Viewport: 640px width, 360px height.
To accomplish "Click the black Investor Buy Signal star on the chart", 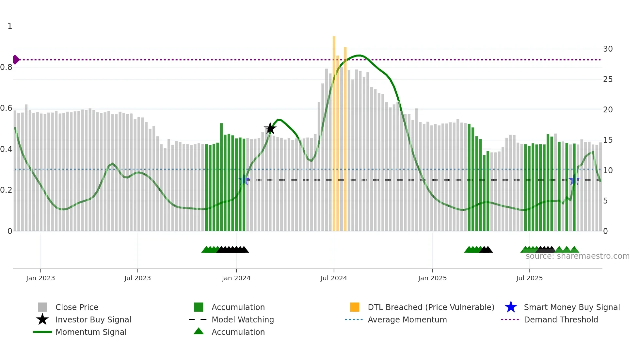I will (270, 129).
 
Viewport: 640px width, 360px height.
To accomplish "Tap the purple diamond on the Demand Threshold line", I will (16, 60).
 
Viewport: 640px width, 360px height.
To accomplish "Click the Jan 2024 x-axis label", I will (236, 278).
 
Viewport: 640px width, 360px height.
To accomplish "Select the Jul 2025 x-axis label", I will (529, 278).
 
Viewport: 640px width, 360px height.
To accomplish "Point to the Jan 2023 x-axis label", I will (40, 278).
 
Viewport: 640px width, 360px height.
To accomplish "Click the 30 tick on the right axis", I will (608, 49).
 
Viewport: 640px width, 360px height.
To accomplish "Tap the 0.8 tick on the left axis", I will (7, 68).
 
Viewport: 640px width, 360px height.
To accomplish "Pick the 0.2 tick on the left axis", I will (7, 190).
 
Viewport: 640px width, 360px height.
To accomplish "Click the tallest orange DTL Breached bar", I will (334, 131).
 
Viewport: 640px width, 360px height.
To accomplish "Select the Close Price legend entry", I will (77, 307).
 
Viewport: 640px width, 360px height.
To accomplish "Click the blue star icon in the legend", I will (511, 307).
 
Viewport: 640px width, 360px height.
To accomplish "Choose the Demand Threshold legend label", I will (561, 320).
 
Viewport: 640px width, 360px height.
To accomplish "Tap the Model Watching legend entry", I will (243, 320).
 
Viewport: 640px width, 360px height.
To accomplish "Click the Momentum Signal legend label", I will (91, 332).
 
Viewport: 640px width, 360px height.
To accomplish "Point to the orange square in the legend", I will (355, 307).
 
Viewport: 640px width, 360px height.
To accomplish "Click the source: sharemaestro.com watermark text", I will (577, 256).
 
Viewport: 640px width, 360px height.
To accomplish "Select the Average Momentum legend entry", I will (407, 320).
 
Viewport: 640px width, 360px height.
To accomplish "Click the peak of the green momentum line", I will (359, 56).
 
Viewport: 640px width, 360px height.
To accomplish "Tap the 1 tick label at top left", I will (10, 26).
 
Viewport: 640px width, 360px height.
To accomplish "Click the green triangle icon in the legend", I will (199, 332).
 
